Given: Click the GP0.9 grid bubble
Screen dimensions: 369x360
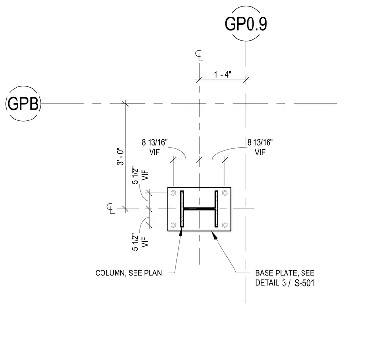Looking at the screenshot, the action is [x=246, y=24].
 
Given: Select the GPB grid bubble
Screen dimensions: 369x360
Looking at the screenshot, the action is [x=23, y=103].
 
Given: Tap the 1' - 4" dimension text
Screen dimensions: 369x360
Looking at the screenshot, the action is [x=222, y=75].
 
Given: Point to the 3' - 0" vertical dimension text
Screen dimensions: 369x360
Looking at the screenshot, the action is [x=120, y=156].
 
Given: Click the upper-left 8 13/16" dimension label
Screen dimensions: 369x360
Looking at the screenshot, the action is [x=154, y=142].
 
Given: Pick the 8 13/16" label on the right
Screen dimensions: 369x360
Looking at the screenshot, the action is [x=260, y=142].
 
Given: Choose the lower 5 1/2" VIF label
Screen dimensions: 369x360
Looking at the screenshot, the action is [x=140, y=242].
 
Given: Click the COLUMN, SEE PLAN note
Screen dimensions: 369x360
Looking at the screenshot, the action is [x=129, y=273].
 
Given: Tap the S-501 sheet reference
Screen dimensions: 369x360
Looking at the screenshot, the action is [x=304, y=283].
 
